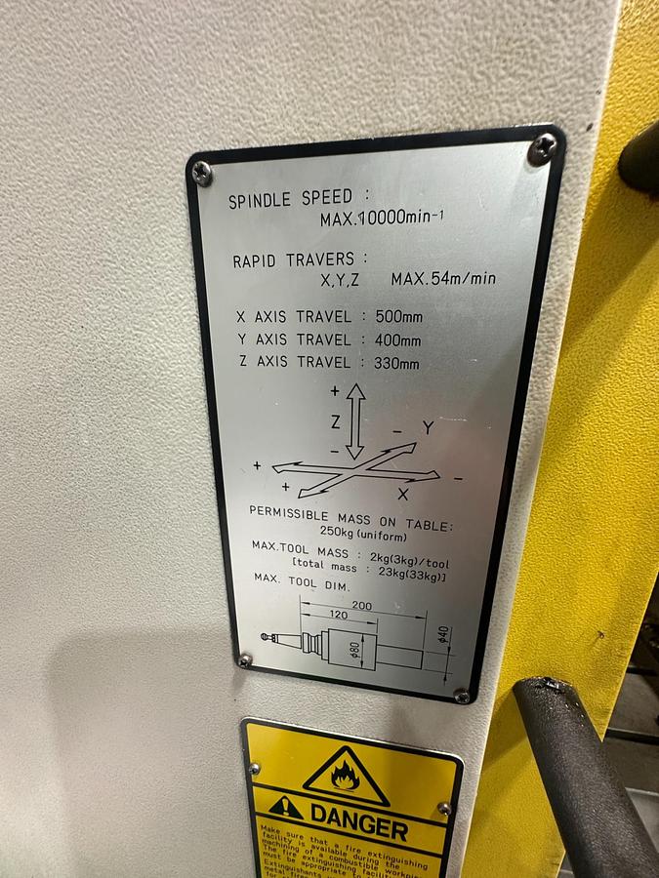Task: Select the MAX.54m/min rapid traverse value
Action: (x=443, y=279)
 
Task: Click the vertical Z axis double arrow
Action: (x=355, y=420)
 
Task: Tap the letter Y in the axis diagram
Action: (x=428, y=428)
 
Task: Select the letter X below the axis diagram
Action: (x=402, y=495)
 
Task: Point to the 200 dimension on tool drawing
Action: (x=362, y=605)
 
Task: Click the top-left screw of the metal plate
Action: (x=202, y=173)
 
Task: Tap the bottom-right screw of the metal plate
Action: (x=462, y=697)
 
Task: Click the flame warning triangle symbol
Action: (x=346, y=775)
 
